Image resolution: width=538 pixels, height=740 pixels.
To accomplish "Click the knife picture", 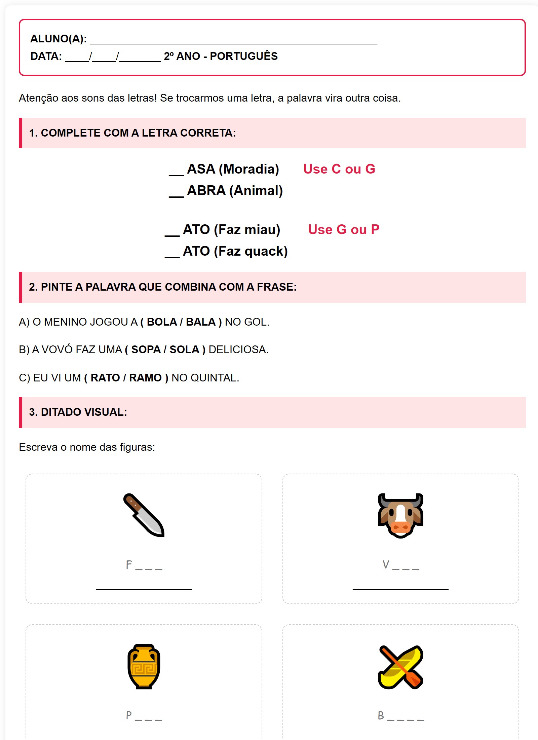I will point(144,515).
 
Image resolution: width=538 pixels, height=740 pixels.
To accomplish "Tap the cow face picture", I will point(400,515).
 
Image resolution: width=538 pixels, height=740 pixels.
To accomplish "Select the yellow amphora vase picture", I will point(144,666).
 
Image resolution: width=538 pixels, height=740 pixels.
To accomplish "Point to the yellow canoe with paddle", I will point(400,667).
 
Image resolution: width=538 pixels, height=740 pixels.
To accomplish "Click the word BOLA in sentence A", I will point(162,322).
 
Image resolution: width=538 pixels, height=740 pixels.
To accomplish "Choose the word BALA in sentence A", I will point(201,322).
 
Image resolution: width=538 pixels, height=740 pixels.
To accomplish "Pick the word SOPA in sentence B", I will point(146,349).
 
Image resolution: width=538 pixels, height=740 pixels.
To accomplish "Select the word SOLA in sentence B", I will point(184,349).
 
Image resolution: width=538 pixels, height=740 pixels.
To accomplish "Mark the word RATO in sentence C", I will point(105,378).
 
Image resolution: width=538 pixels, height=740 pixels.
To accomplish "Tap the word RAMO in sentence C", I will point(145,378).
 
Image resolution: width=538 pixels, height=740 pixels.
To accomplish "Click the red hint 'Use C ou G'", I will point(339,169).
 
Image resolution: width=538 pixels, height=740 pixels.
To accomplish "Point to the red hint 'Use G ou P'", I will point(344,229).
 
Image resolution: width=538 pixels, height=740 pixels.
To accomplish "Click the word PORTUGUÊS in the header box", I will point(244,56).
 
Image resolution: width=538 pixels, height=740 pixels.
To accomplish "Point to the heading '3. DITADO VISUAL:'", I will point(78,412).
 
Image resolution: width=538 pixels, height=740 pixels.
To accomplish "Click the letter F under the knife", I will point(129,565).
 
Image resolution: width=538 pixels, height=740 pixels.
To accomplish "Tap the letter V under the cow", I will point(386,565).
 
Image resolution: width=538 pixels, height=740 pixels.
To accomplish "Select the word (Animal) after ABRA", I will point(256,191).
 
